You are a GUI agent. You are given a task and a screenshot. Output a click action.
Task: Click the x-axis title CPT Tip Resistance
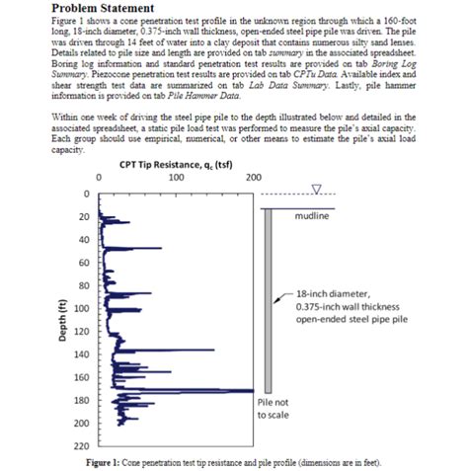coord(168,165)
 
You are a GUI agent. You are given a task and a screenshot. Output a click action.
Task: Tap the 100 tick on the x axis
coord(175,179)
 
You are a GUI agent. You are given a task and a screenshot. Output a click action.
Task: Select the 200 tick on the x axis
coord(253,179)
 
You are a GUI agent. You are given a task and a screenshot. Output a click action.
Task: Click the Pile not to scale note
coord(273,409)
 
